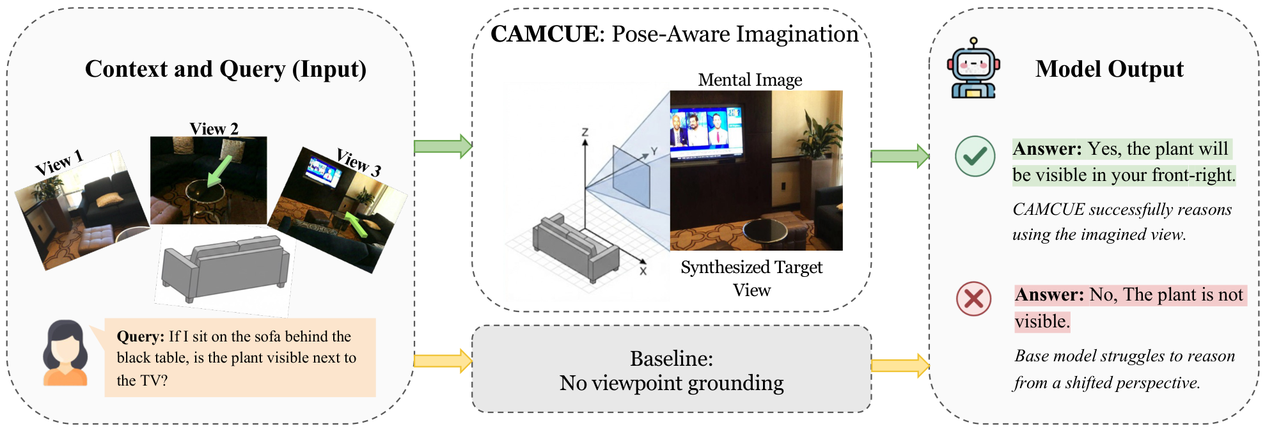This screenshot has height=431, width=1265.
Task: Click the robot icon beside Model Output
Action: (973, 68)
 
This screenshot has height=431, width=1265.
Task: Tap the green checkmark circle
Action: (975, 156)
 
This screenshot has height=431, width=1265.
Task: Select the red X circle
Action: (973, 299)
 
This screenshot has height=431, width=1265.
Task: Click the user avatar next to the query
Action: (65, 353)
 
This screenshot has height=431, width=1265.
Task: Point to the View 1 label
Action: (59, 162)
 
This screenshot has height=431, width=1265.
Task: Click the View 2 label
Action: (214, 129)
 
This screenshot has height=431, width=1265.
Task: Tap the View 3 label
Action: (359, 162)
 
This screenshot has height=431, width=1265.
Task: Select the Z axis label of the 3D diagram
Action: (585, 132)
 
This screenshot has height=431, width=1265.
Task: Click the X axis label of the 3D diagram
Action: (643, 271)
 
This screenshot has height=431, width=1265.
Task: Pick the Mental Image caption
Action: (750, 80)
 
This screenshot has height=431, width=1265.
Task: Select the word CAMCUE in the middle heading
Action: (544, 34)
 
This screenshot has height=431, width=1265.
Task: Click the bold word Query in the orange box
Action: (140, 336)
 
